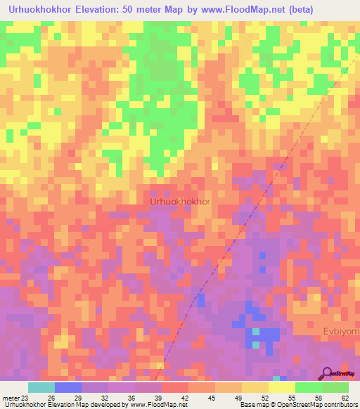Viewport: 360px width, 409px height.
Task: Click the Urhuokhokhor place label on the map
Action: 181,202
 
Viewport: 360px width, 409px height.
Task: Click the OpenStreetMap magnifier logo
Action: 327,373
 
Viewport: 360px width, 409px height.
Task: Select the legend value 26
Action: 52,397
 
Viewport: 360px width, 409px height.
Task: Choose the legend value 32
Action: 104,397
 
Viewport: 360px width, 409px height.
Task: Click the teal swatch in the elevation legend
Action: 41,387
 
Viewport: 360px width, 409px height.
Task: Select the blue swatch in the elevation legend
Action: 68,387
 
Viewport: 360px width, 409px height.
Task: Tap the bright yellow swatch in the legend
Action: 282,387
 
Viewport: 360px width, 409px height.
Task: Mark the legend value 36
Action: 131,397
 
